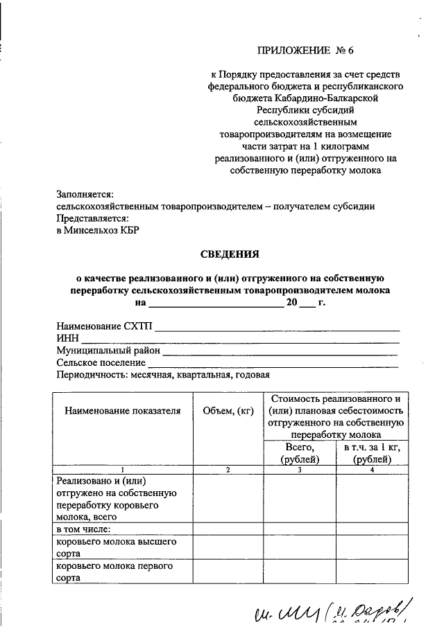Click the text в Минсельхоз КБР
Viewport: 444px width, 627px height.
coord(98,230)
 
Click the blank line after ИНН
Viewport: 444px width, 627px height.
coord(240,339)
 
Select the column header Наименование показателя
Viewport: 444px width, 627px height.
coord(123,411)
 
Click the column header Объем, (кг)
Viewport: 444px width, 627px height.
coord(228,411)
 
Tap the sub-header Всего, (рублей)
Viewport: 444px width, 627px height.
coord(299,454)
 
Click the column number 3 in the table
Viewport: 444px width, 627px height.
coord(299,470)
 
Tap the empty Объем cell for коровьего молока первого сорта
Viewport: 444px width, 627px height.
coord(228,572)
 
